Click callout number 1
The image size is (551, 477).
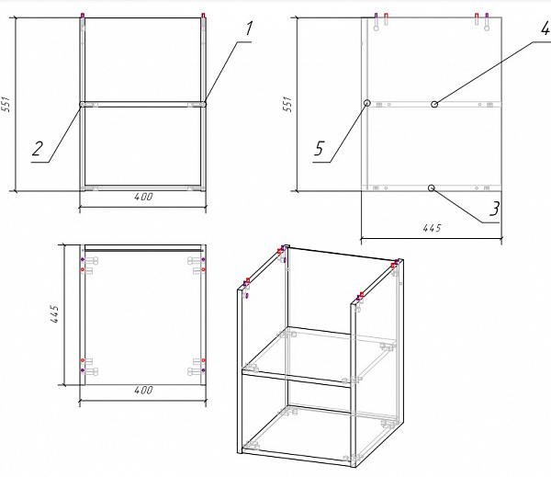(x=249, y=28)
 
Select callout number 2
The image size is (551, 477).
(x=38, y=149)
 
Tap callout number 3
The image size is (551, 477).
(x=494, y=209)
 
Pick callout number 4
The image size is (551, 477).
(x=545, y=28)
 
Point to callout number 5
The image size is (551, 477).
(x=319, y=148)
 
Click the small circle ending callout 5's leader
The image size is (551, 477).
(x=366, y=103)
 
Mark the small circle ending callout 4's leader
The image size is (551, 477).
(x=434, y=104)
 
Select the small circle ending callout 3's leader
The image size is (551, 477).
(x=432, y=187)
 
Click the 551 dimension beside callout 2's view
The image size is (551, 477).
(x=6, y=104)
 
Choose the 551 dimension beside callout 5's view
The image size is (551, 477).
(x=287, y=104)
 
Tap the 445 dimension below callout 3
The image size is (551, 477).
(x=432, y=228)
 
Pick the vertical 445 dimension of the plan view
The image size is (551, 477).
(x=54, y=314)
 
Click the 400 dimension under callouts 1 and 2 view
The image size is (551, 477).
(x=143, y=197)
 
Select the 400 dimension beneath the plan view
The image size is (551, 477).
(x=143, y=390)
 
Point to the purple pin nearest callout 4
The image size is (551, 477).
(x=487, y=16)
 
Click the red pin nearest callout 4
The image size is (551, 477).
(x=477, y=16)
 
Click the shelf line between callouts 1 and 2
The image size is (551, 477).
(x=142, y=105)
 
